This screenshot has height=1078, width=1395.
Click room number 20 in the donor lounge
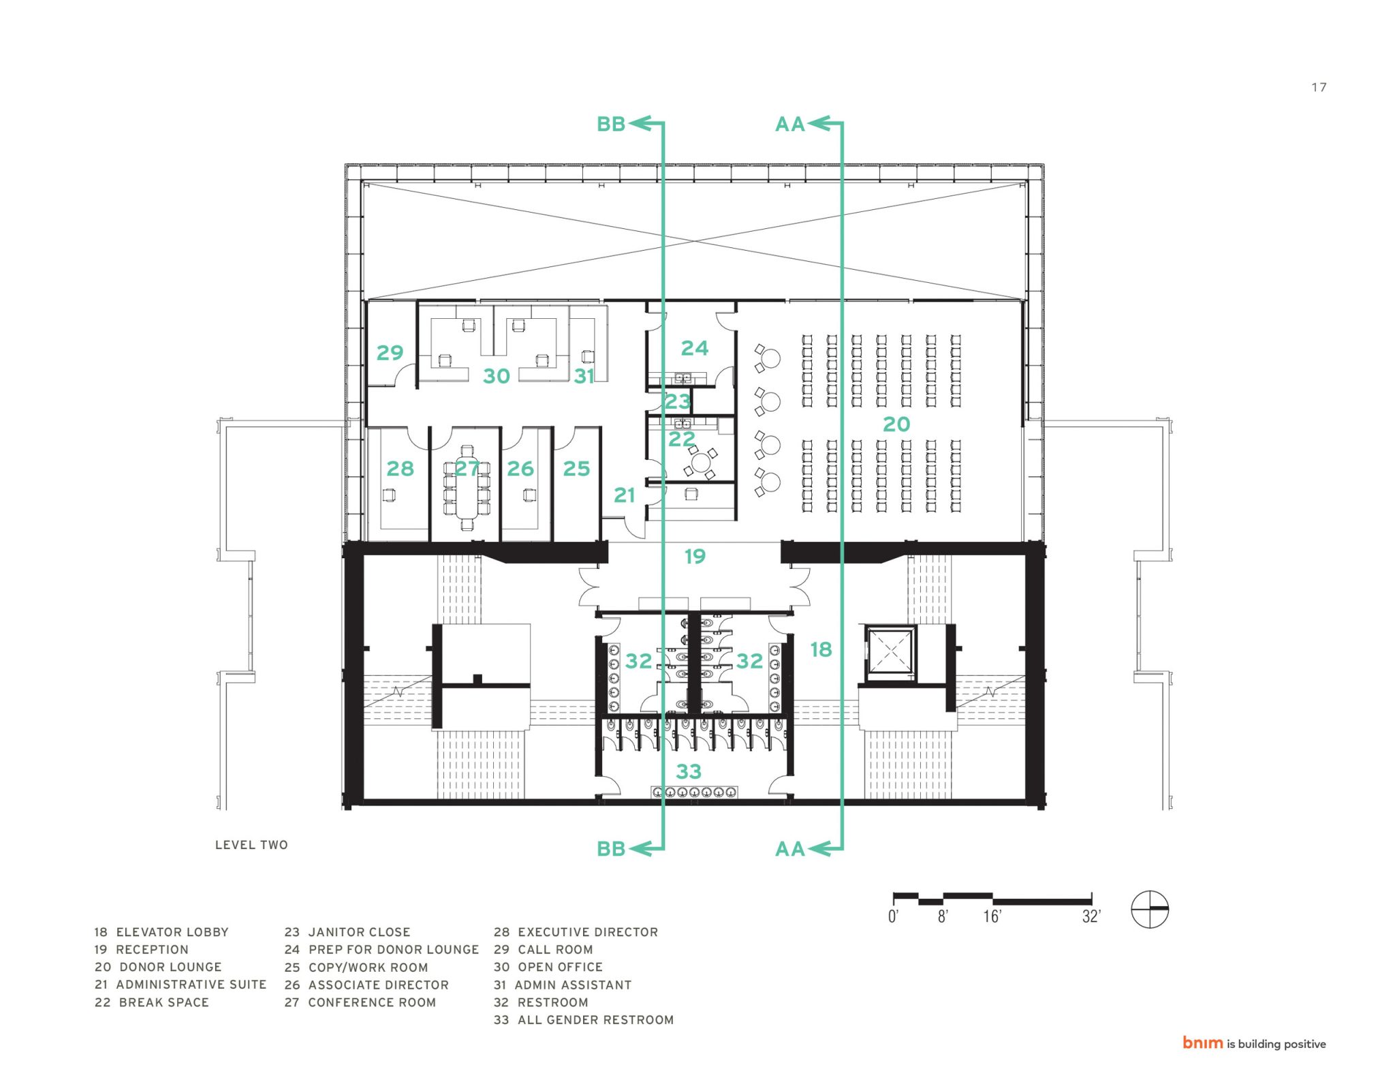(x=896, y=424)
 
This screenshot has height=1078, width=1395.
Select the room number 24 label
(x=694, y=348)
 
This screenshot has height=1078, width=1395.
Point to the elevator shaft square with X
(x=890, y=653)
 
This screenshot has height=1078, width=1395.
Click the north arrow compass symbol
(x=1150, y=909)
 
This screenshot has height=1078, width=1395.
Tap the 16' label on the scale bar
(x=992, y=917)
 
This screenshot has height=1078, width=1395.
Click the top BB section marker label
(x=610, y=124)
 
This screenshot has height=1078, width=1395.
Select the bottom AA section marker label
(x=789, y=849)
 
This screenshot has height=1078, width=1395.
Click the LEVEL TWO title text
(x=251, y=845)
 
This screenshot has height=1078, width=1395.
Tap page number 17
(x=1319, y=87)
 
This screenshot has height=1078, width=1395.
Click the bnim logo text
(x=1202, y=1043)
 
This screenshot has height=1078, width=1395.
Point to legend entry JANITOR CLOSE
(x=359, y=931)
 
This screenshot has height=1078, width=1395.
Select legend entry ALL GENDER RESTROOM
(x=595, y=1020)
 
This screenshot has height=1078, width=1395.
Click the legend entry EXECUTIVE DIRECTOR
(x=588, y=931)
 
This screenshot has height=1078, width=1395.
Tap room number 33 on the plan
(x=688, y=771)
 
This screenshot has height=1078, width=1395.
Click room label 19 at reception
(x=695, y=556)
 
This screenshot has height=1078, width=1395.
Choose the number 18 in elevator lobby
(x=821, y=649)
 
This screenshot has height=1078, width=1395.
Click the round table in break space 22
(x=700, y=463)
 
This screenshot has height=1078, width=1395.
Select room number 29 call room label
(x=390, y=352)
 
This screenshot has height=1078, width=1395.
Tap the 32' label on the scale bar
(x=1091, y=917)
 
